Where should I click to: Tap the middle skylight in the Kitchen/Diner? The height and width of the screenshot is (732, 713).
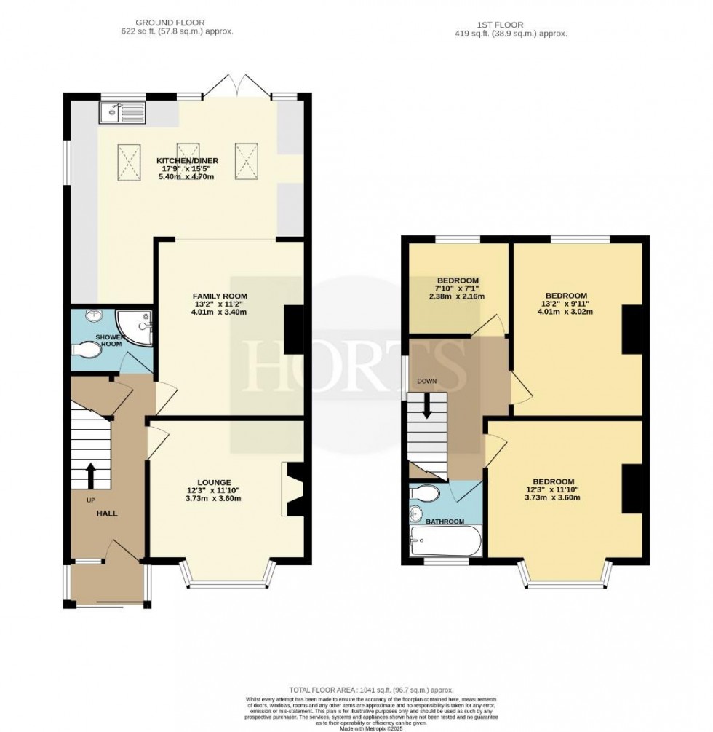tap(188, 160)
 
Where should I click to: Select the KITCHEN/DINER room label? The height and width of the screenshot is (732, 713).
tap(187, 161)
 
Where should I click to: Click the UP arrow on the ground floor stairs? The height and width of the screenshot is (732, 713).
tap(90, 476)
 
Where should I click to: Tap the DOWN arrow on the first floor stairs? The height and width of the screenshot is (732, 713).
tap(427, 405)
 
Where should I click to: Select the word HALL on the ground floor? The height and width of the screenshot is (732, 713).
tap(107, 513)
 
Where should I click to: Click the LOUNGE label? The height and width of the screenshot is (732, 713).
tap(213, 482)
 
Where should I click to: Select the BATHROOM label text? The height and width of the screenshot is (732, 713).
tap(445, 522)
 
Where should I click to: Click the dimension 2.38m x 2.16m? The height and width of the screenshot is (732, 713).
tap(456, 296)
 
